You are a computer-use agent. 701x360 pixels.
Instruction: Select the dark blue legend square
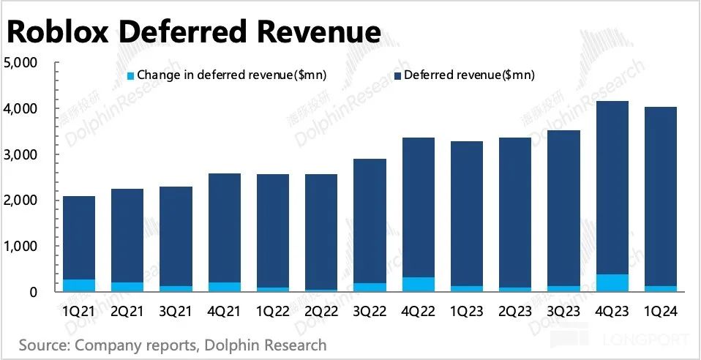397,75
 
